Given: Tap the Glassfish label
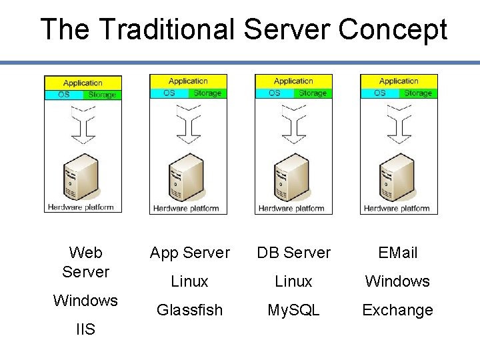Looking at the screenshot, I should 189,310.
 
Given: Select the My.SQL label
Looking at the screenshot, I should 293,310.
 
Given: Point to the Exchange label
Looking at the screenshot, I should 397,310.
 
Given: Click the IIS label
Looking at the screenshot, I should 85,329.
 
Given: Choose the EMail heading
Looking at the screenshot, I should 397,253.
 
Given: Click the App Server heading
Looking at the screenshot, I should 189,253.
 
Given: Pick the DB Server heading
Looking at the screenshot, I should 293,253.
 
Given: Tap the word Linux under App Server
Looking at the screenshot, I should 189,281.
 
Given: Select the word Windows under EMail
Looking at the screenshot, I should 397,281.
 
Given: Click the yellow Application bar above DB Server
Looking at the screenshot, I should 293,81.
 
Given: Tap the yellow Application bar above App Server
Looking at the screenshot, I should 188,81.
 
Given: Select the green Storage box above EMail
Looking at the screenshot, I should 418,93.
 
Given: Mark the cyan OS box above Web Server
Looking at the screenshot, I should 64,95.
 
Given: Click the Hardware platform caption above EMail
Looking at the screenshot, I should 397,208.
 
